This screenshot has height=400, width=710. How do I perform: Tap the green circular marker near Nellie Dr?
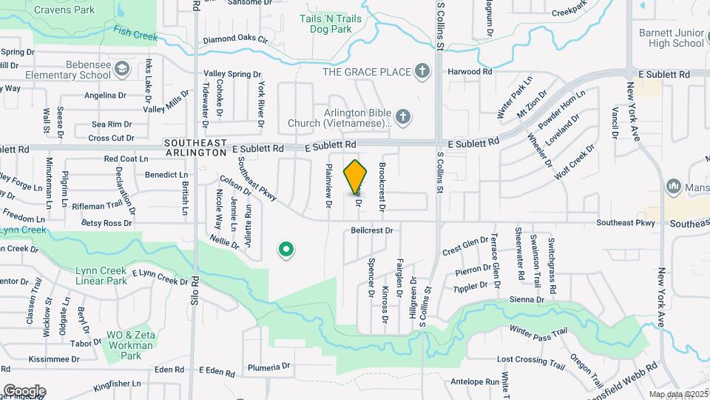point(286,250)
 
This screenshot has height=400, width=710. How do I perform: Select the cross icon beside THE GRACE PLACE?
point(422,72)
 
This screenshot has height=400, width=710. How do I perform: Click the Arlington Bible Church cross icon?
point(403,117)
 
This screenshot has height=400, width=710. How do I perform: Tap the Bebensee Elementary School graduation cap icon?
point(124,70)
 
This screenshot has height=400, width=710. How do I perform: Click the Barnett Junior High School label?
point(674,38)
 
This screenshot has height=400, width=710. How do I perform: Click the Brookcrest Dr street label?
point(382,187)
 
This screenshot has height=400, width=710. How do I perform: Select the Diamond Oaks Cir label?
point(234,39)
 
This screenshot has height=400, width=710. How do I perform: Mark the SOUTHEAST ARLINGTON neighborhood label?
point(195,147)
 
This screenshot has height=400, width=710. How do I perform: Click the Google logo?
point(24,391)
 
